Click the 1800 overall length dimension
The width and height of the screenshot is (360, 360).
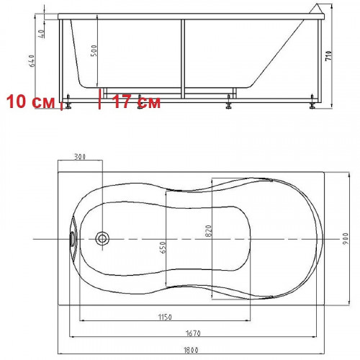click(191, 350)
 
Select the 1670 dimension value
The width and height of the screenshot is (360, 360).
click(193, 333)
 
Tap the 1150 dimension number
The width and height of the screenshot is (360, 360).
click(165, 317)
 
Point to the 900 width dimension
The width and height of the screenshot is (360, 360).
click(346, 238)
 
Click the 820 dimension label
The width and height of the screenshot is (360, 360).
click(209, 231)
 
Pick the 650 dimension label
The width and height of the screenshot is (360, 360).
click(163, 248)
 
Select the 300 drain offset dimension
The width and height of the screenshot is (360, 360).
click(80, 157)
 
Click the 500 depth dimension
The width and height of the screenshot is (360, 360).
click(94, 50)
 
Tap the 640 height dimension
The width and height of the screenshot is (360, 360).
click(32, 60)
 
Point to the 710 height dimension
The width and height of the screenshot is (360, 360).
click(328, 55)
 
